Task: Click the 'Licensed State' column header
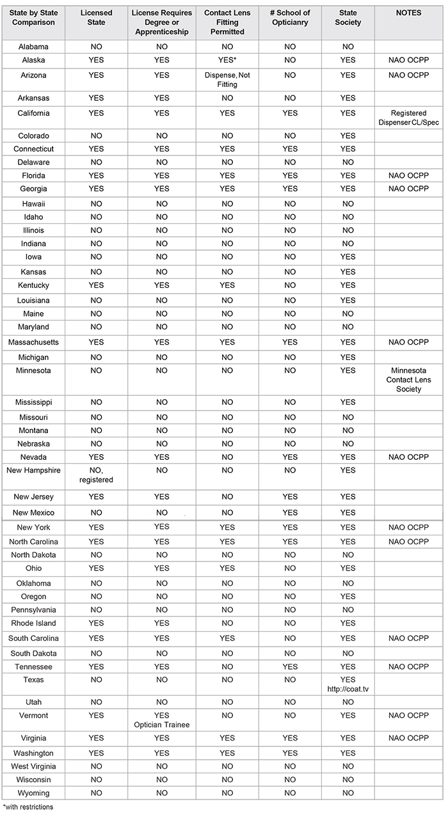(x=97, y=17)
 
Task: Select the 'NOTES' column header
(x=408, y=13)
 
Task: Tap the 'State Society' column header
(x=348, y=17)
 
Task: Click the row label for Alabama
(x=33, y=47)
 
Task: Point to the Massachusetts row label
(x=33, y=343)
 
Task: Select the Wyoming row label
(x=33, y=793)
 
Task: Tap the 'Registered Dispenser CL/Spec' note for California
(x=408, y=118)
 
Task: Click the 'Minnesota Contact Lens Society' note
(x=408, y=380)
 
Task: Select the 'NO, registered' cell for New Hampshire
(x=97, y=475)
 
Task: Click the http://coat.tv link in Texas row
(x=348, y=688)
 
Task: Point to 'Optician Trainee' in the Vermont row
(x=161, y=725)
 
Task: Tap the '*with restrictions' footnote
(x=28, y=807)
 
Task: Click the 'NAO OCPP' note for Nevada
(x=408, y=457)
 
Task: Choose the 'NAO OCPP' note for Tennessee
(x=408, y=667)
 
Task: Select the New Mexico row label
(x=33, y=513)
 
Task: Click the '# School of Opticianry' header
(x=290, y=17)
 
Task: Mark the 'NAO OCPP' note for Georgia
(x=408, y=189)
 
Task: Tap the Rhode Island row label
(x=33, y=624)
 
